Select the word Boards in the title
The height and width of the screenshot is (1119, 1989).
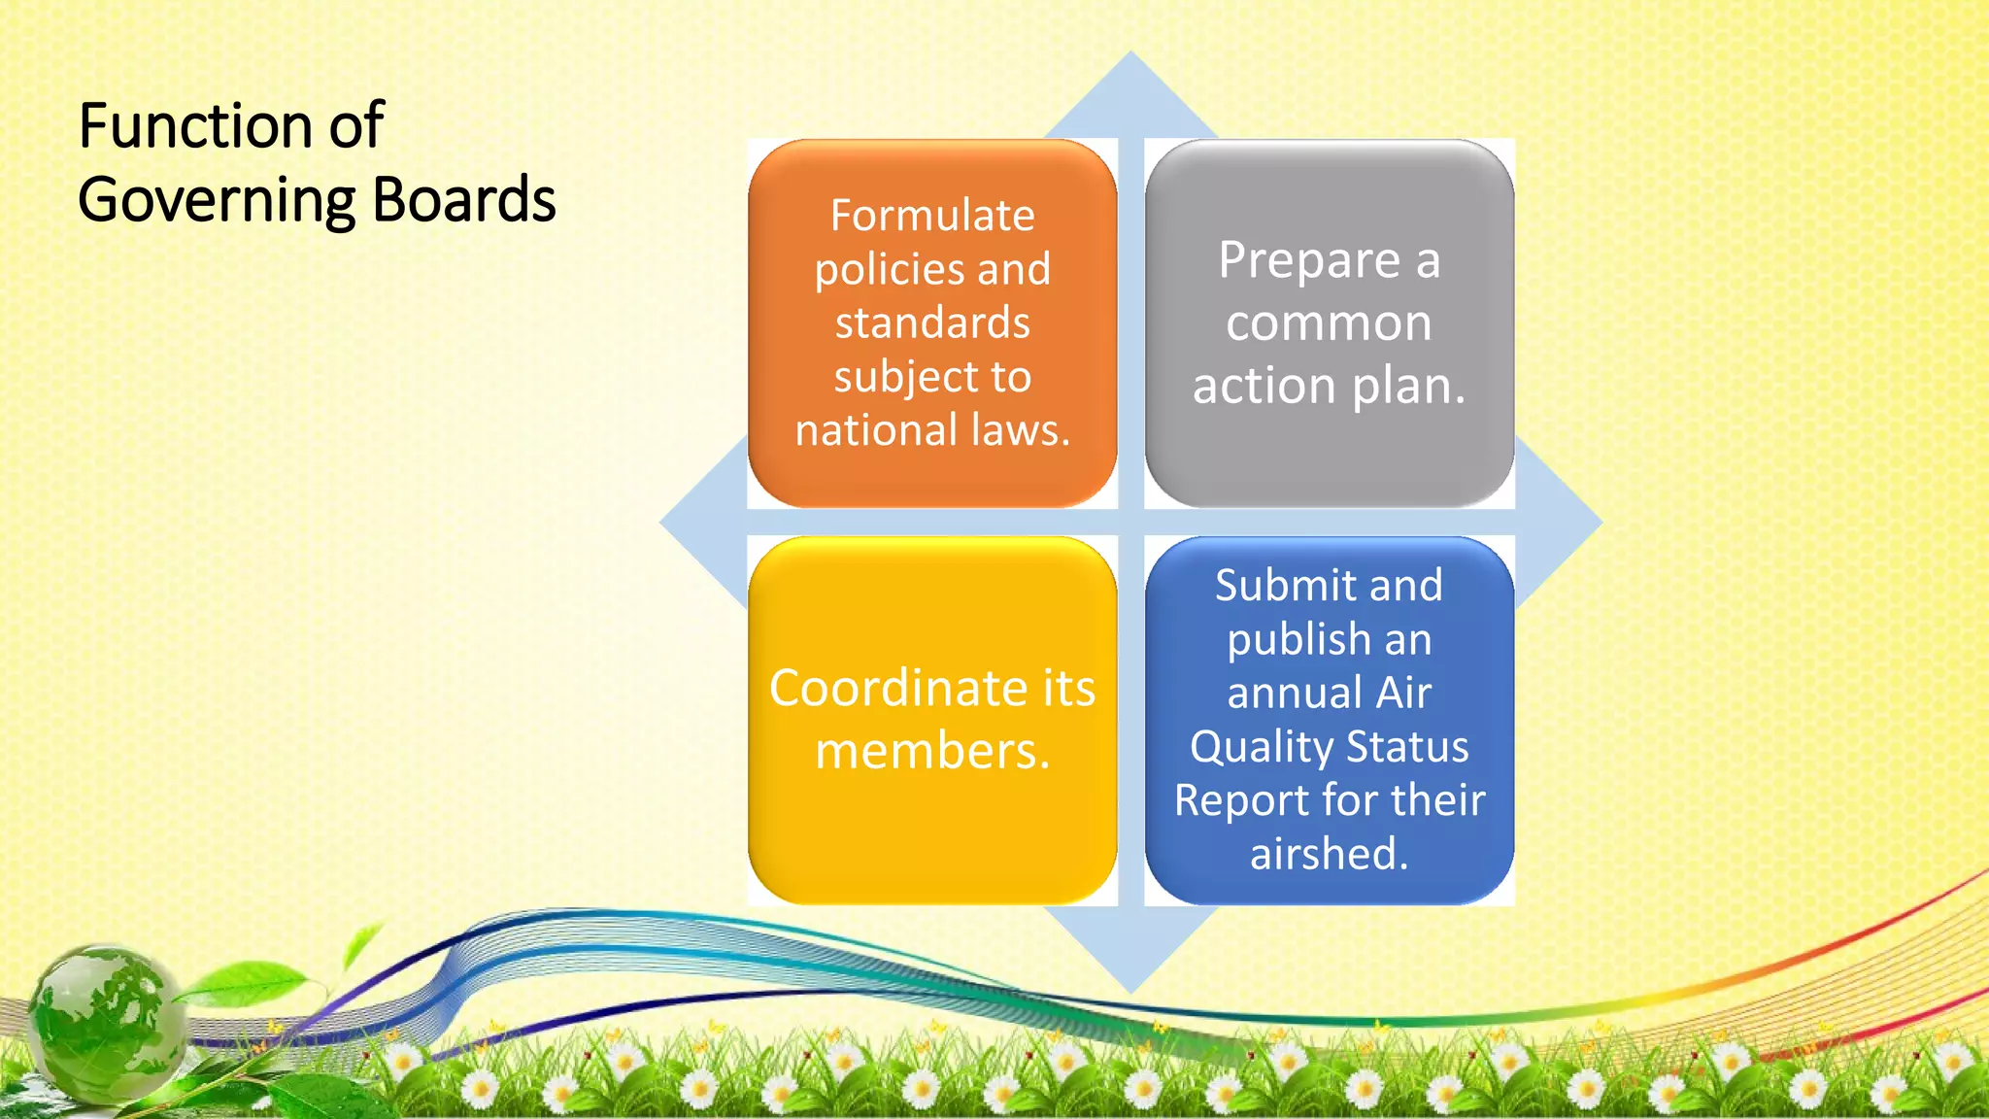[x=463, y=199]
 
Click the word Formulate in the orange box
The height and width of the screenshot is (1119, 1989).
[x=932, y=216]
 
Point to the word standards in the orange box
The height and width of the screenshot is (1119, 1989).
[x=932, y=322]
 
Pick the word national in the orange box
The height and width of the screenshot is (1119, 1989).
[x=875, y=429]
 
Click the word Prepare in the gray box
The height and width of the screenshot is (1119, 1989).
[x=1309, y=261]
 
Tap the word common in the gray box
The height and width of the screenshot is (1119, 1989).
[x=1329, y=322]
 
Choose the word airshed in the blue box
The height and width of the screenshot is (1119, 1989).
[x=1328, y=854]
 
